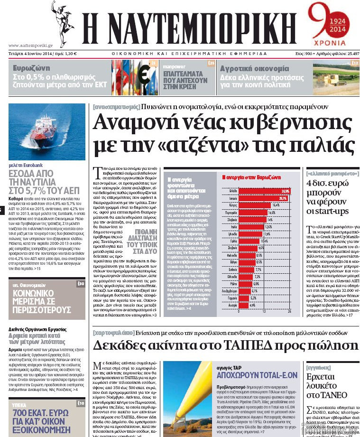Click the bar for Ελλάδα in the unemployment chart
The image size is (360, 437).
(x=263, y=191)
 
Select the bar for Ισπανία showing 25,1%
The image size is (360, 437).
(x=262, y=198)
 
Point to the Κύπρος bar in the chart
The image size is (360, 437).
(x=254, y=205)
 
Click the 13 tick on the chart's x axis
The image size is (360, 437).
(x=264, y=311)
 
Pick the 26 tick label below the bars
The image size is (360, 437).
(x=289, y=311)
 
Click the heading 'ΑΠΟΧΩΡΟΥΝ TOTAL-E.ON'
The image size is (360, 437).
(x=257, y=375)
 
